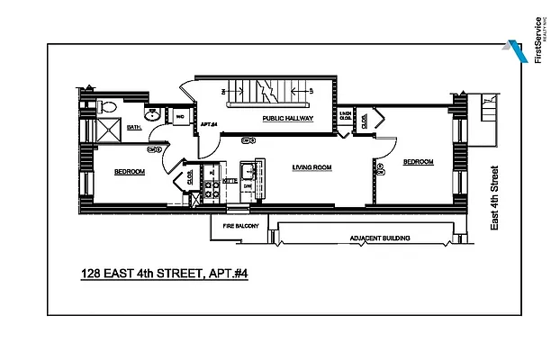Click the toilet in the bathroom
tap(109, 107)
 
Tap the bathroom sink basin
tap(152, 116)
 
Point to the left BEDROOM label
tap(130, 171)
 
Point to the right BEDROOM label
tap(418, 162)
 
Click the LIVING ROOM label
tap(312, 167)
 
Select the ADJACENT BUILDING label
tap(380, 238)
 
